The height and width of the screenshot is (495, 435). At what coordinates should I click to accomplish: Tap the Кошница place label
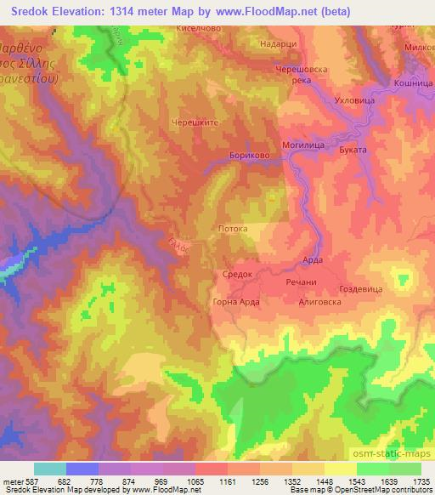(x=411, y=82)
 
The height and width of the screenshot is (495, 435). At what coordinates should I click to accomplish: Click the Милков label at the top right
(x=417, y=48)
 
